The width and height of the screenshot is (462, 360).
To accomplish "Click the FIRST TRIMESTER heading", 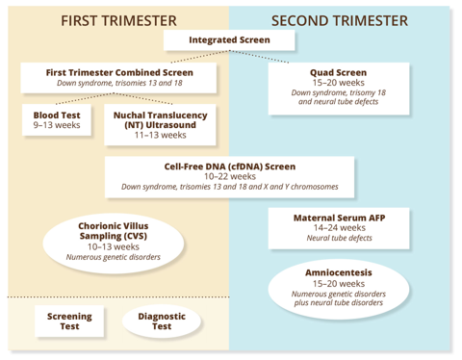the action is click(x=118, y=21).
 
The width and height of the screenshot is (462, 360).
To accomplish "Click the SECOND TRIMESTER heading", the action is click(x=340, y=21).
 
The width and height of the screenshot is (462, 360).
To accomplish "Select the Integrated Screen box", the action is click(x=229, y=40).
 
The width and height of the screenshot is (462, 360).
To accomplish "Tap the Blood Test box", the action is click(x=57, y=119).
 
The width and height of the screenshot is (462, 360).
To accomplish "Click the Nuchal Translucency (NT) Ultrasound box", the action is click(x=160, y=125).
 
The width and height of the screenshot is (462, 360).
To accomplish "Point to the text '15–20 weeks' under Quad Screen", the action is click(x=339, y=83).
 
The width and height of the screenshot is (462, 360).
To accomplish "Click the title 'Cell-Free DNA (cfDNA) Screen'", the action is click(x=230, y=167).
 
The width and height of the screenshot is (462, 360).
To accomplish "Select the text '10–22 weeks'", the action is click(x=230, y=176).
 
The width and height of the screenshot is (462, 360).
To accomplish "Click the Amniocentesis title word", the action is click(x=339, y=272).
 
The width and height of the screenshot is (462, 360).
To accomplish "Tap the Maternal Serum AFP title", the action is click(x=339, y=218).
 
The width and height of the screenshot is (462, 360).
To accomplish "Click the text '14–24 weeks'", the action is click(x=340, y=228).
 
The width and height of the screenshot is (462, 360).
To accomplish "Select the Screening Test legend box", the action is click(x=69, y=321).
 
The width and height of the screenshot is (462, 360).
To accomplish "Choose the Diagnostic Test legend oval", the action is click(x=162, y=321).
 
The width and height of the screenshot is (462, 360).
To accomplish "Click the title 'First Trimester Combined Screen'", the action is click(x=119, y=72).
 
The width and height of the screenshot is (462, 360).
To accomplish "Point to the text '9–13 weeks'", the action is click(x=57, y=125).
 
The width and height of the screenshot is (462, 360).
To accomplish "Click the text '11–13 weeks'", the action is click(x=160, y=135).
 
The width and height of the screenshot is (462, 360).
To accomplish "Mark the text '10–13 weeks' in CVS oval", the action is click(x=114, y=246).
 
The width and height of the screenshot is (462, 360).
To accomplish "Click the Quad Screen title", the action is click(x=338, y=72).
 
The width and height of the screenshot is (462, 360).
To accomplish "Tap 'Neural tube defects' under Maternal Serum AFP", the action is click(x=339, y=238).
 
